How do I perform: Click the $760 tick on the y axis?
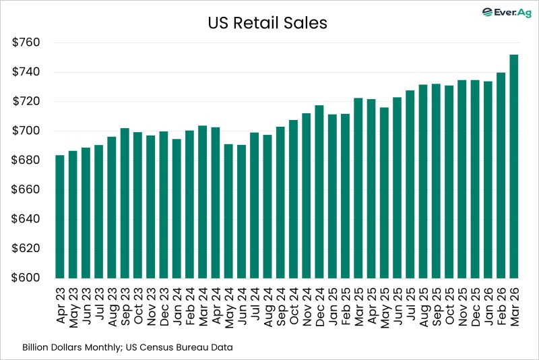pos(27,42)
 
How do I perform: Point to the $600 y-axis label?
pos(27,278)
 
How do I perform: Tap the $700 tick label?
pos(27,131)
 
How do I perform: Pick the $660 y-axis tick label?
pos(27,189)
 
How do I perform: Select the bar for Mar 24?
pos(202,202)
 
